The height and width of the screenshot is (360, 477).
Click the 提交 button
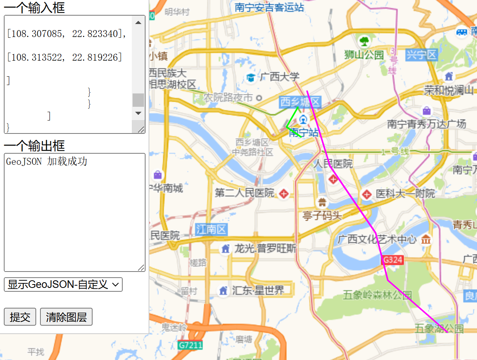[x=20, y=317]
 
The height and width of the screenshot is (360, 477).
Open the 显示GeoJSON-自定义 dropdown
[x=63, y=284]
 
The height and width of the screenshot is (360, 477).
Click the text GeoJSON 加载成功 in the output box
[x=46, y=162]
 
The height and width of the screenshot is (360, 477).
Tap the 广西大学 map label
[x=279, y=77]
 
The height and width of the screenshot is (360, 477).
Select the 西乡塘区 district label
[x=300, y=102]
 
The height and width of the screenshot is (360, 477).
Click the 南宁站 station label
[x=304, y=132]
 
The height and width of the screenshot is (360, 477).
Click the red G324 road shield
[x=392, y=260]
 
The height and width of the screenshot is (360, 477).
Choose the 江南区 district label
[x=211, y=229]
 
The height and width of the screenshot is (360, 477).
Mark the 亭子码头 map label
[x=322, y=215]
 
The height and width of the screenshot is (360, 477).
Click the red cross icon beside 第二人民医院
[x=283, y=194]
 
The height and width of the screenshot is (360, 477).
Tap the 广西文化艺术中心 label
[x=377, y=239]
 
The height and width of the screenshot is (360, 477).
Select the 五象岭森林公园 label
[x=377, y=295]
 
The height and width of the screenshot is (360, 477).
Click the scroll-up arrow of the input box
[x=138, y=22]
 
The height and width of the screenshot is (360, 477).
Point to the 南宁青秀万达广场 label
[x=426, y=124]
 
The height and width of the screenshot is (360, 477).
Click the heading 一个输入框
[x=34, y=8]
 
